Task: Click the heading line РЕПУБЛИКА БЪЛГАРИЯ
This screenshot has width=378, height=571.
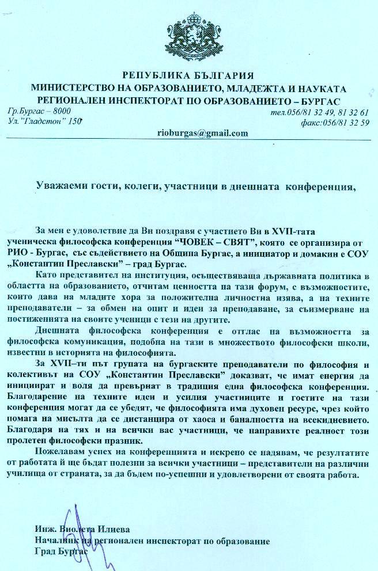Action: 188,75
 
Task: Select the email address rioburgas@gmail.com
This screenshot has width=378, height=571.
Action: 202,133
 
